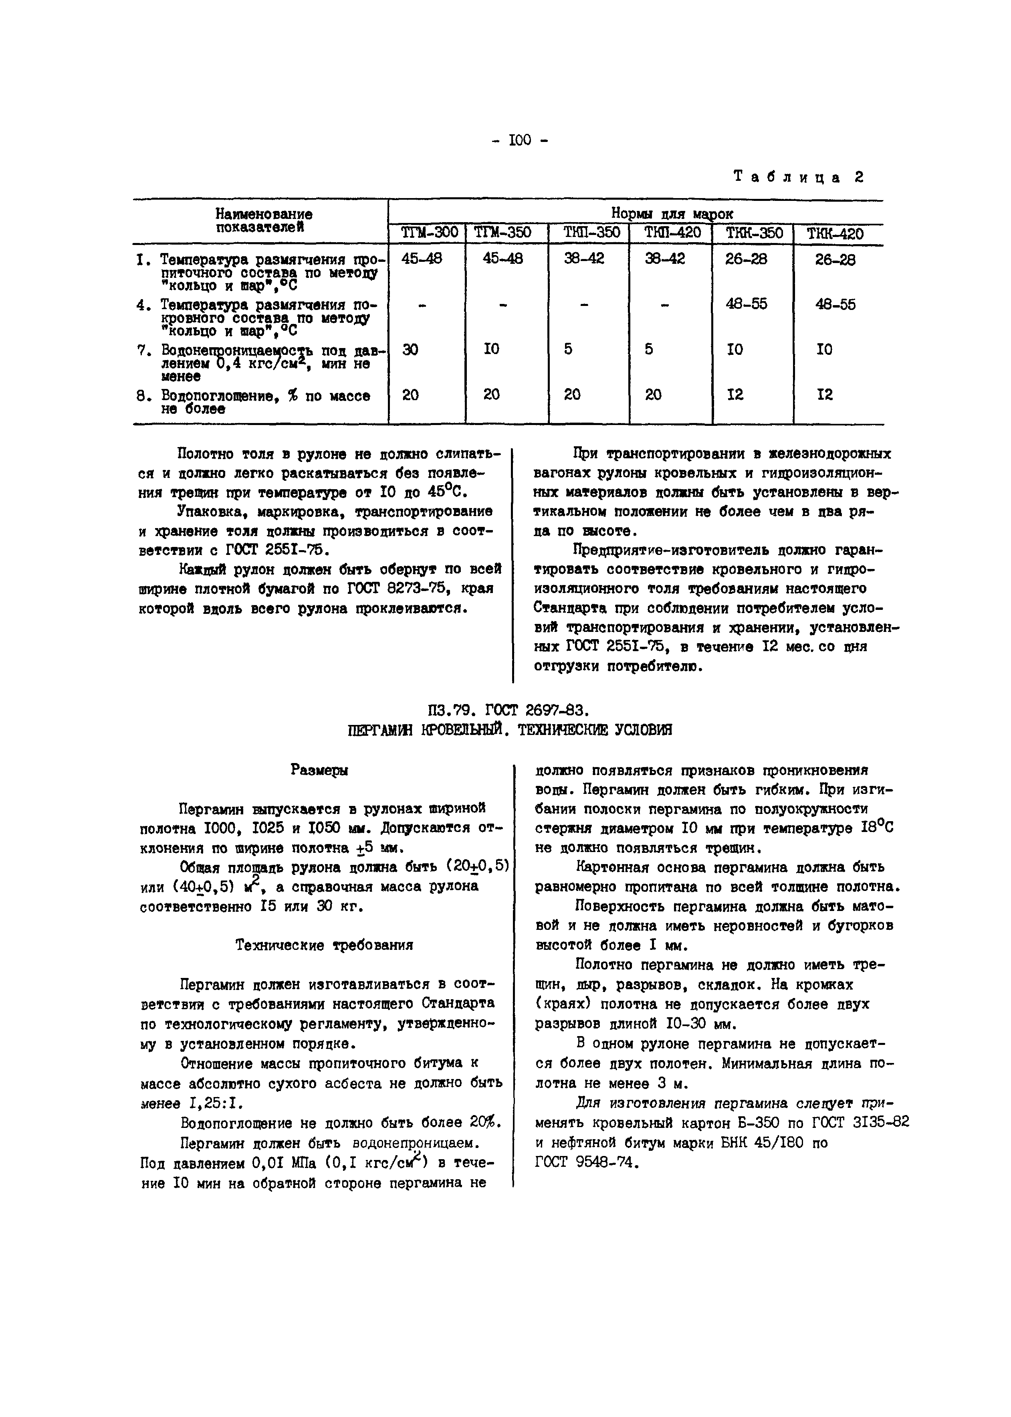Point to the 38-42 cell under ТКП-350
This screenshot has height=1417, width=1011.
pos(584,258)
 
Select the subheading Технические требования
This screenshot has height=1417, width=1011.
pos(324,945)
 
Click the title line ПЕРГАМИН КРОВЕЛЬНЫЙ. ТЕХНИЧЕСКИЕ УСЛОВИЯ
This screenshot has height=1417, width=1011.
pos(509,730)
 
